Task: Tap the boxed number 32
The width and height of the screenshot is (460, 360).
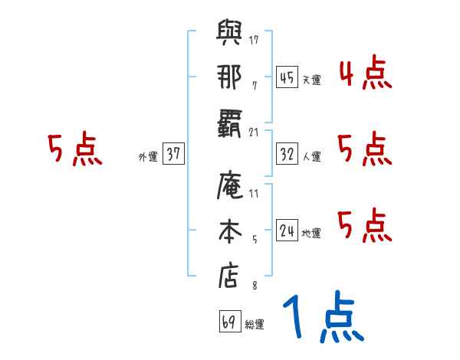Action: click(287, 155)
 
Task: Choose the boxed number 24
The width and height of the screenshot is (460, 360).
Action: click(287, 231)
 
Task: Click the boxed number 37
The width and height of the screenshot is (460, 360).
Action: click(173, 155)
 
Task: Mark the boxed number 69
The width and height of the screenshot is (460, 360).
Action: click(228, 322)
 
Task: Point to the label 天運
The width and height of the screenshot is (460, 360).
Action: click(312, 79)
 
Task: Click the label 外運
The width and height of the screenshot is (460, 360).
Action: click(148, 157)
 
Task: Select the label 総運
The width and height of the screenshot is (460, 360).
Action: click(254, 325)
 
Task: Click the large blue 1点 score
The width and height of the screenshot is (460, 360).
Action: click(321, 319)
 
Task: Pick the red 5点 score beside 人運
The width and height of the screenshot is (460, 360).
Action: click(364, 149)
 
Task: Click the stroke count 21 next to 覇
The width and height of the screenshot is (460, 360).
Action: click(254, 133)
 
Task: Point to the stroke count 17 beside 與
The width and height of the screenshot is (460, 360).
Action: click(254, 39)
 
